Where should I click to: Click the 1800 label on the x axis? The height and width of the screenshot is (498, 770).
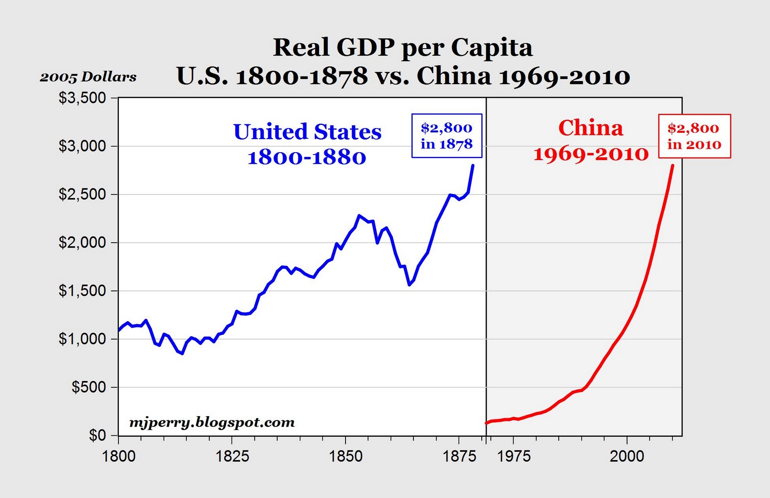pyautogui.click(x=119, y=456)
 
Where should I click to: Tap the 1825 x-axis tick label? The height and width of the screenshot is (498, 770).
pyautogui.click(x=232, y=456)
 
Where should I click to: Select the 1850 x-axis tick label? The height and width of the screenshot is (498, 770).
pyautogui.click(x=346, y=456)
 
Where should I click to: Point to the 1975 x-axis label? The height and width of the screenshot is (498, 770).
pyautogui.click(x=513, y=456)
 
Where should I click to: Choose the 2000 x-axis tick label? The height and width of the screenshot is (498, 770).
pyautogui.click(x=627, y=456)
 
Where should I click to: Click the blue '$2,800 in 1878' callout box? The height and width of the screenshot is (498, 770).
pyautogui.click(x=447, y=136)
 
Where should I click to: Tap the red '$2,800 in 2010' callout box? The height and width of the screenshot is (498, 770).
pyautogui.click(x=694, y=136)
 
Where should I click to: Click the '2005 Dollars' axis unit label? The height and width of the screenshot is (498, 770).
pyautogui.click(x=88, y=77)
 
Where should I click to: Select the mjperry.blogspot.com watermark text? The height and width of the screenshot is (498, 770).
pyautogui.click(x=212, y=422)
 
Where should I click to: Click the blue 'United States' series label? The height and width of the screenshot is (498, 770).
pyautogui.click(x=307, y=132)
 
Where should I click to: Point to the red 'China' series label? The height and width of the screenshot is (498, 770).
pyautogui.click(x=590, y=128)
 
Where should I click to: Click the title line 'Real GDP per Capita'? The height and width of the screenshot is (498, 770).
pyautogui.click(x=403, y=48)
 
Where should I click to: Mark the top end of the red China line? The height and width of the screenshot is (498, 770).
pyautogui.click(x=672, y=166)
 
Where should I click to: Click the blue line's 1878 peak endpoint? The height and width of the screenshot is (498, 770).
pyautogui.click(x=473, y=166)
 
